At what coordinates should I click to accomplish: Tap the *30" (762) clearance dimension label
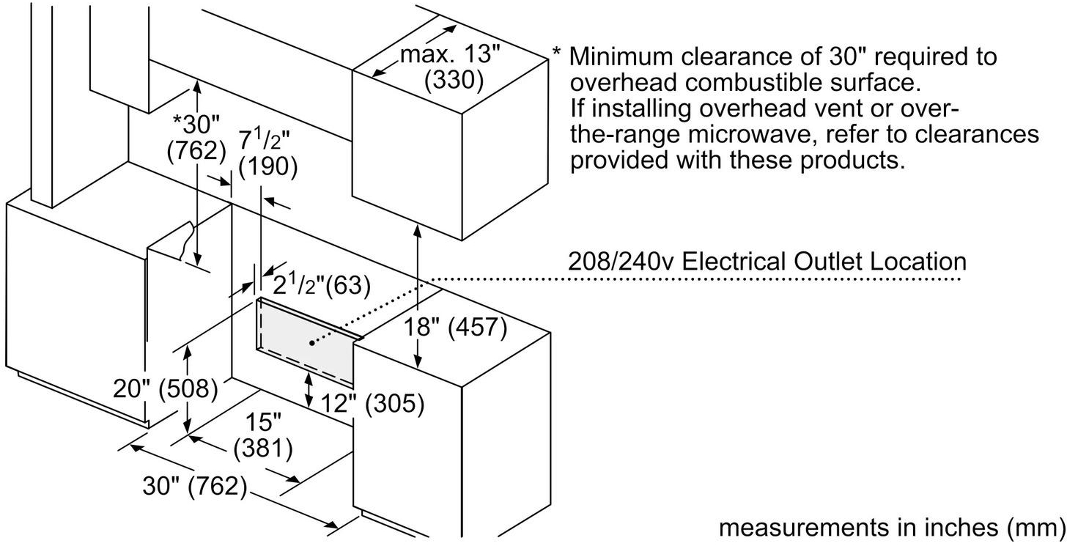coord(196,136)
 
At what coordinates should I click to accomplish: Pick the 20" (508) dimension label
coord(166,388)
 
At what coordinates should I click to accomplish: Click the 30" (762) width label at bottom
coord(193,486)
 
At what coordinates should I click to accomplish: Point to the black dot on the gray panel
coord(311,342)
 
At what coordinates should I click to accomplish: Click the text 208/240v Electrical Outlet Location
coord(767,262)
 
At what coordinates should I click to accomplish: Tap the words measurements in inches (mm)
coord(891,528)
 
